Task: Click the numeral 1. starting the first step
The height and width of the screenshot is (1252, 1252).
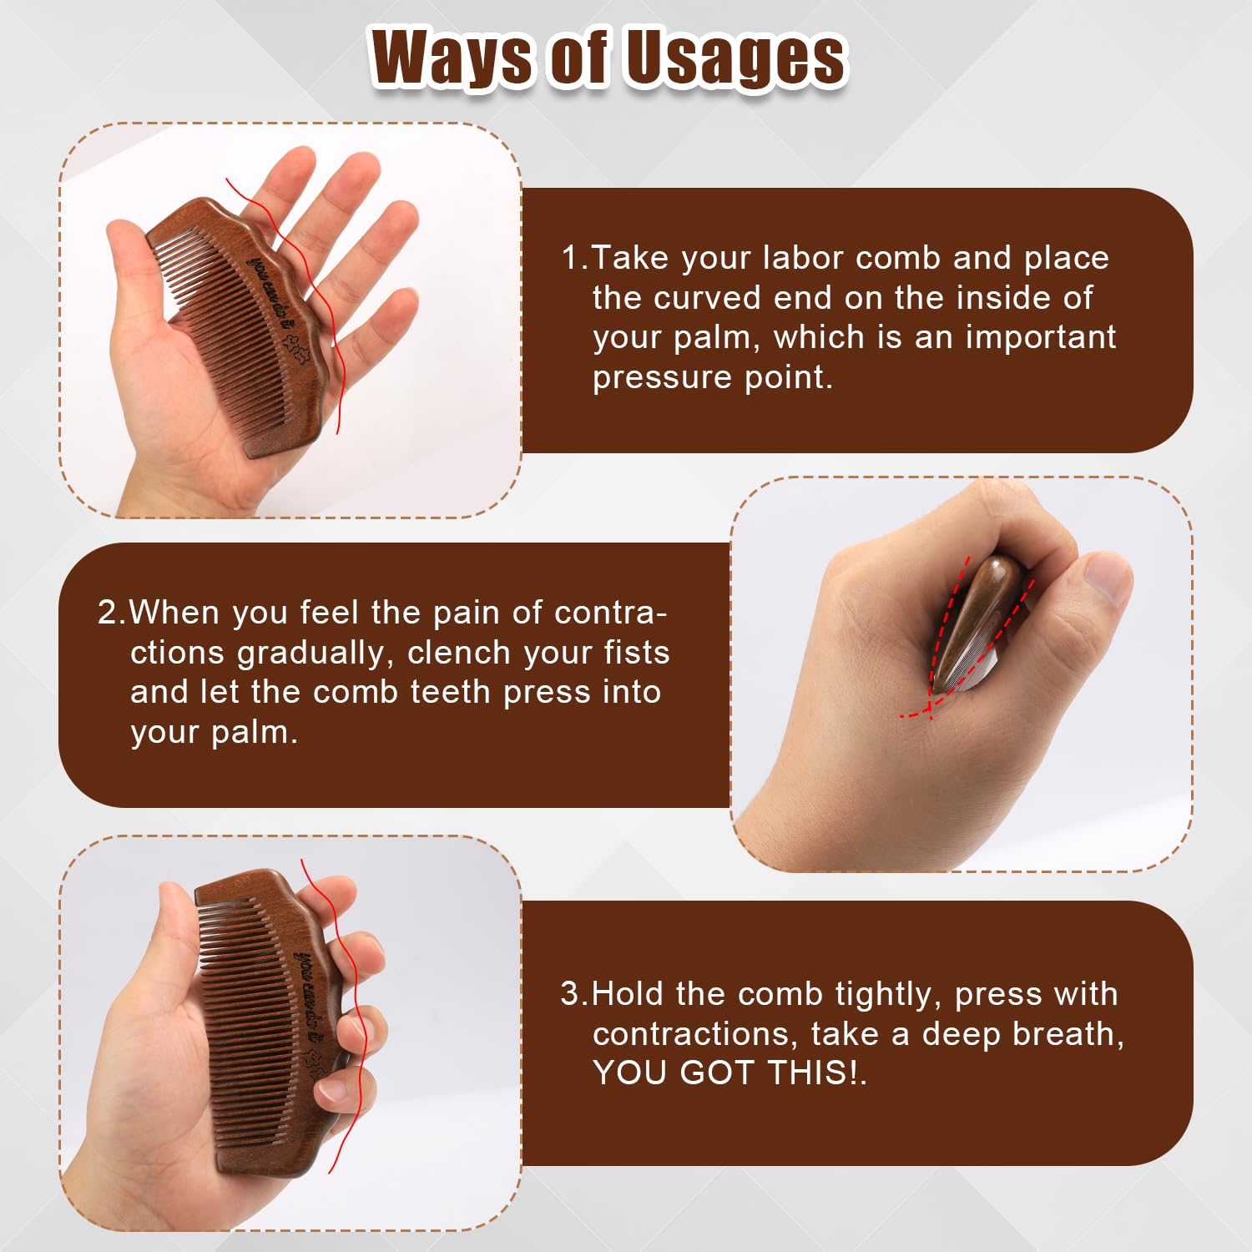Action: pos(574,258)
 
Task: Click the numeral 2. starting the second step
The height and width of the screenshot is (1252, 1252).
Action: pos(111,613)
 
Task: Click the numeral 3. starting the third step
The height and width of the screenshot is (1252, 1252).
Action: pos(574,994)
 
